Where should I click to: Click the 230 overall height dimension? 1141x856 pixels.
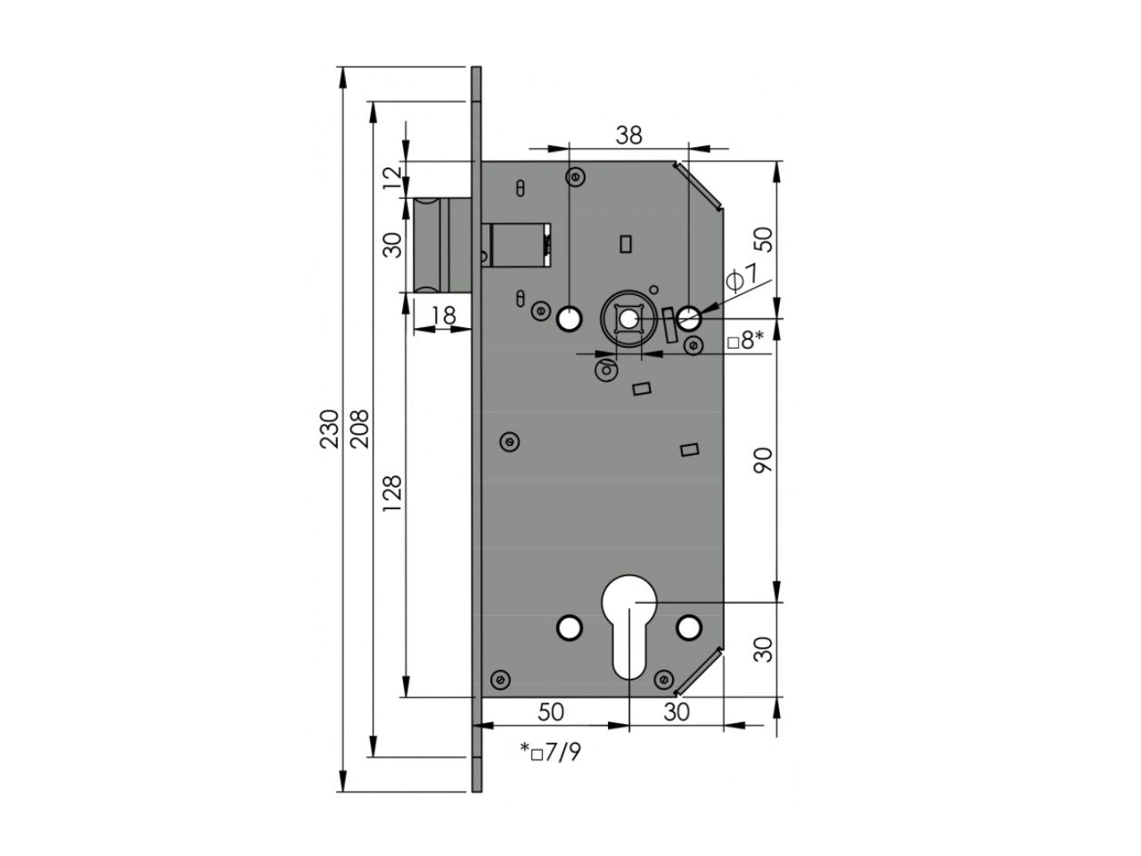point(329,429)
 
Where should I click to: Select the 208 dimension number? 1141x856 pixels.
point(359,429)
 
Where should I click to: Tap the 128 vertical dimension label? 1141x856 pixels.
point(392,493)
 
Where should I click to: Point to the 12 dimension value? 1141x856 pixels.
point(392,177)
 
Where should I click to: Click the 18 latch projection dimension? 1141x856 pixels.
point(444,315)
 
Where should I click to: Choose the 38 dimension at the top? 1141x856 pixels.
point(629,136)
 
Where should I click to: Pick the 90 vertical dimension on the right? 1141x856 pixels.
point(763,460)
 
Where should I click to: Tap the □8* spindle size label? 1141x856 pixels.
point(746,342)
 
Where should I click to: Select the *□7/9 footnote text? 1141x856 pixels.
point(551,752)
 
